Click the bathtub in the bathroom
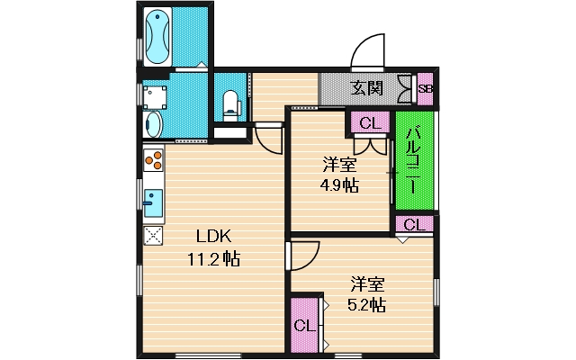click(157, 36)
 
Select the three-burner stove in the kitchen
click(152, 162)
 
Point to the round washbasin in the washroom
click(152, 122)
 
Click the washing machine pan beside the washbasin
click(156, 94)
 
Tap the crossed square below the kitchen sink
click(152, 236)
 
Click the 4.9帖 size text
click(339, 185)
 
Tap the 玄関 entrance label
click(367, 88)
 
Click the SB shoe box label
click(426, 88)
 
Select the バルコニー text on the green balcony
click(410, 162)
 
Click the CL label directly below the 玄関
click(369, 122)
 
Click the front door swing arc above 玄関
click(369, 52)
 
